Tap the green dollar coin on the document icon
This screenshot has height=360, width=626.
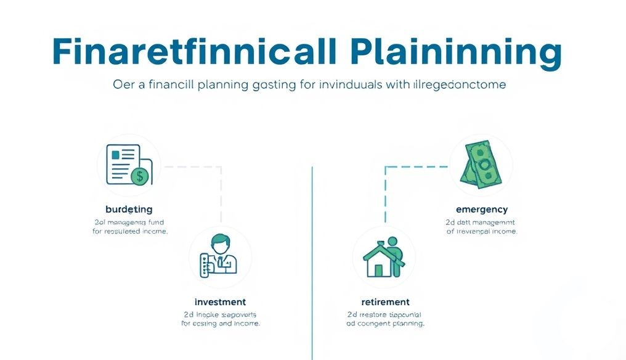pos(140,176)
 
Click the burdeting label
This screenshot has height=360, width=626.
pos(129,210)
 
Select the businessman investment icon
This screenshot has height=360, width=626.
pos(220,256)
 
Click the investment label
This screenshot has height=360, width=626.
pos(220,302)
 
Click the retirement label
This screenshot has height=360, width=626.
pos(385,302)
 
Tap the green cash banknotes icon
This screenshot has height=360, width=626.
pos(481,164)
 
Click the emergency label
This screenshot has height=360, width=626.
pos(482,210)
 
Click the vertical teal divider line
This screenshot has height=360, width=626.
pos(313,259)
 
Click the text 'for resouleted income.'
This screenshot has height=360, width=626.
pos(130,232)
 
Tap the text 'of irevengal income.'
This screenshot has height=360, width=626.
pos(482,232)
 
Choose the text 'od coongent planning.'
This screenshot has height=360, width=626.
pos(385,323)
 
